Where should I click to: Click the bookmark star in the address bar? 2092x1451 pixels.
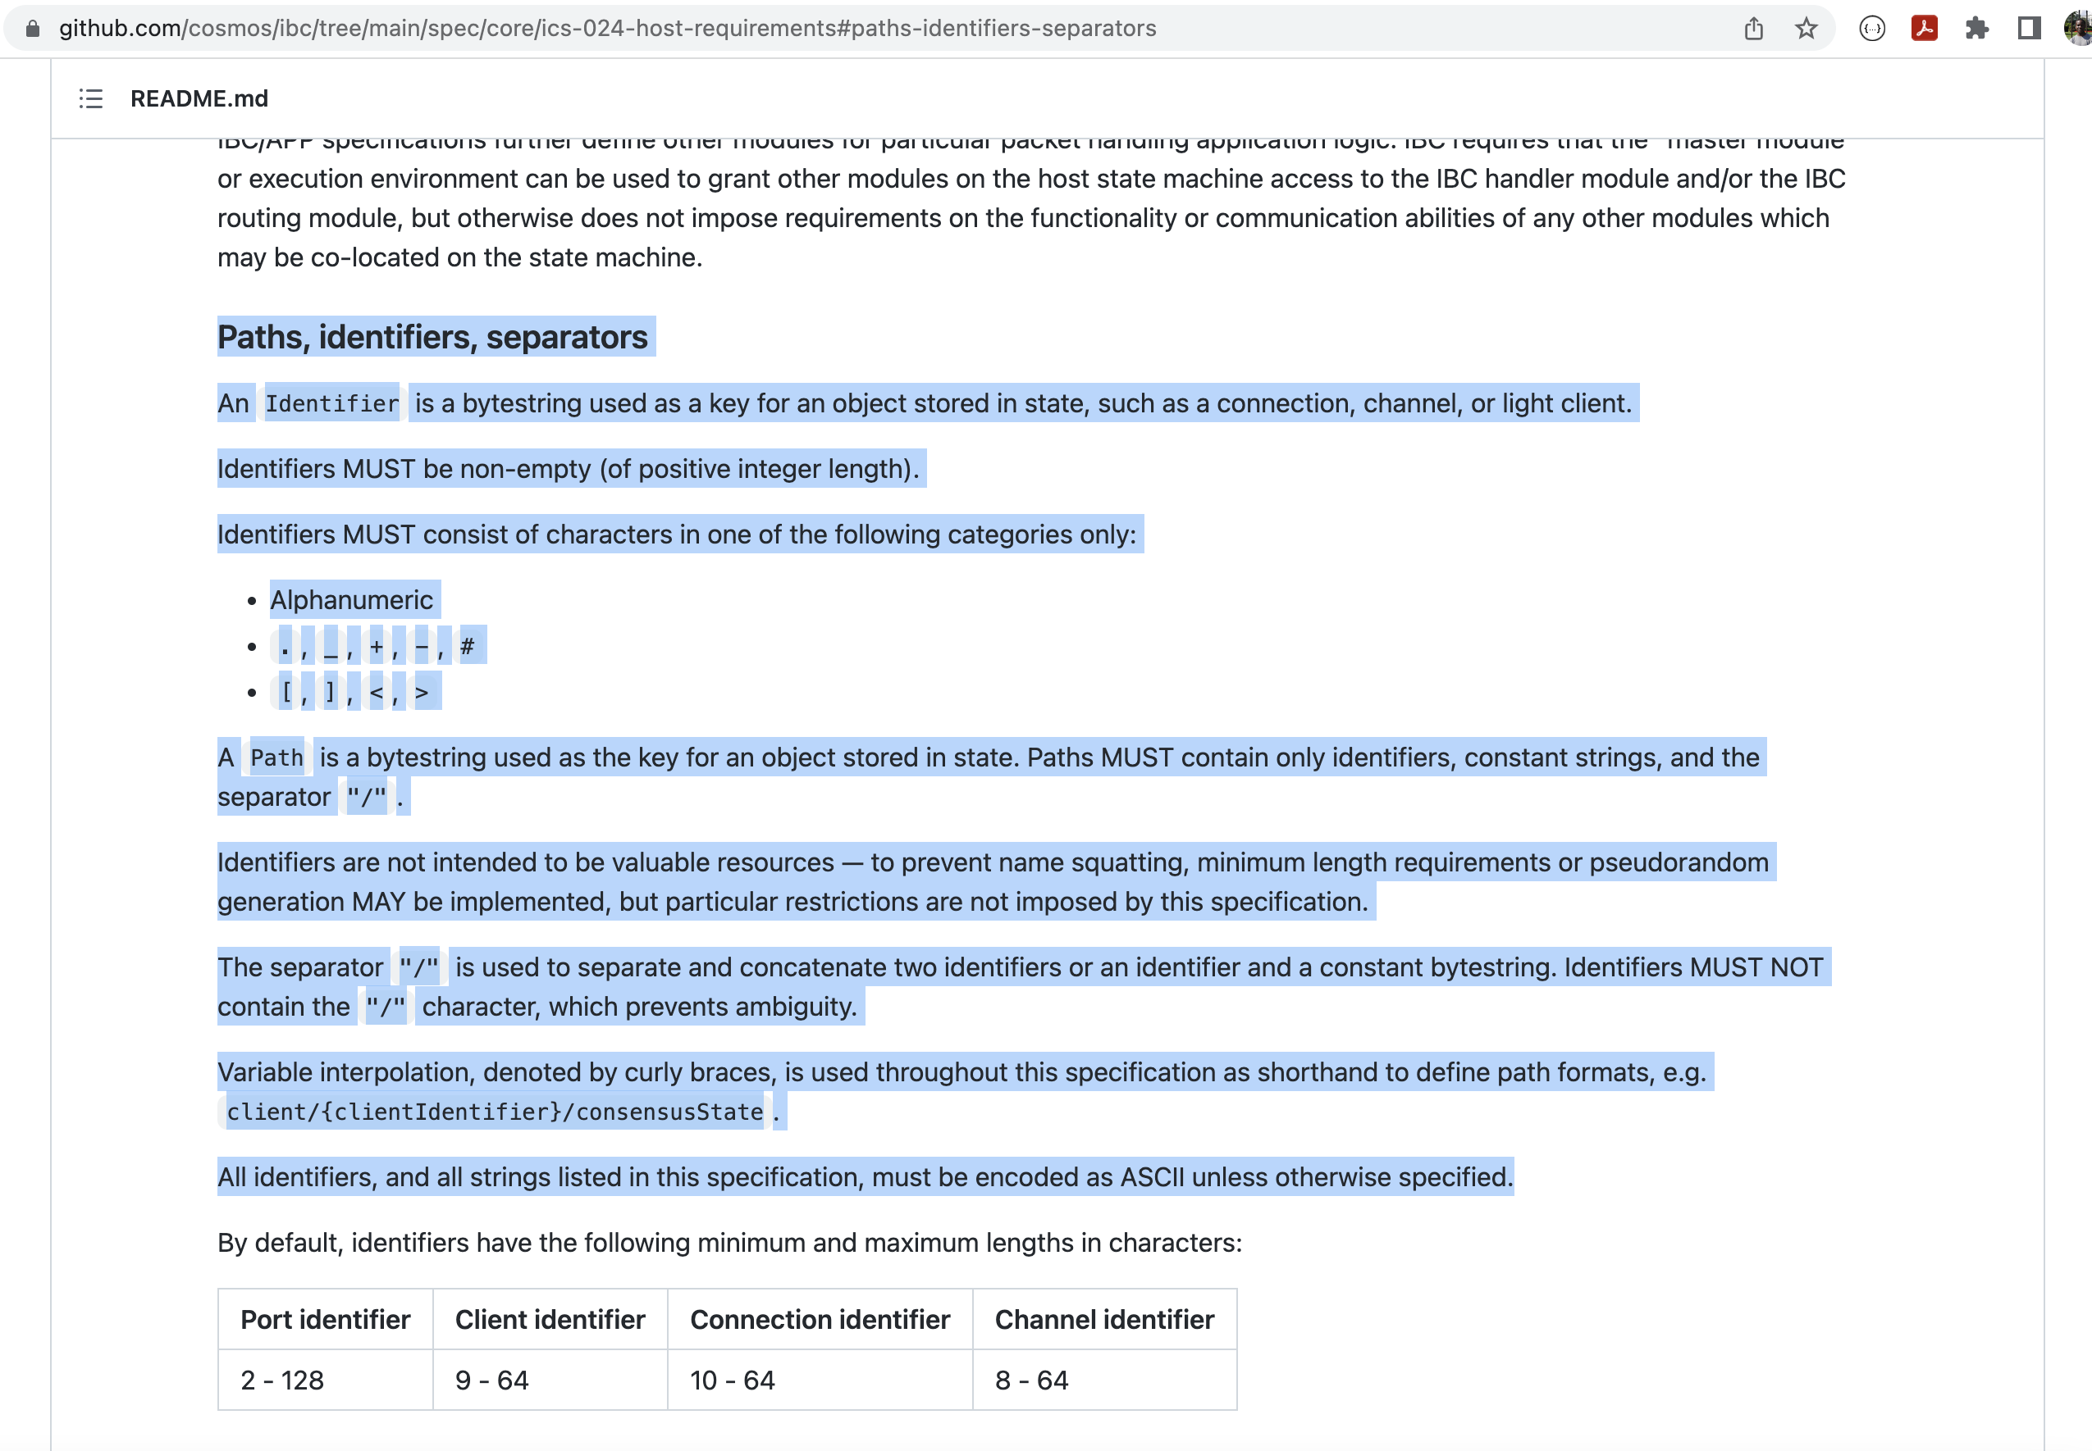1806,29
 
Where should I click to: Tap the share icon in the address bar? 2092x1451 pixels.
1754,29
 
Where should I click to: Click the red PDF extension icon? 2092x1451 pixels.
1924,29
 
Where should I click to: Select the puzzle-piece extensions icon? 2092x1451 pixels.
1976,29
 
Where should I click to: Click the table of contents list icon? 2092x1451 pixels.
91,98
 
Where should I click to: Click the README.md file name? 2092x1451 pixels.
199,98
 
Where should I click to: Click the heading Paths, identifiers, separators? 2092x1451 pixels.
432,337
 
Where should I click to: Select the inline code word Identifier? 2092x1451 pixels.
332,403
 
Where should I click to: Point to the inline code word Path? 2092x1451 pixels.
276,757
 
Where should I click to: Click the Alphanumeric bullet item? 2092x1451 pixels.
351,600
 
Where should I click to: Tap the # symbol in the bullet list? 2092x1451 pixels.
468,647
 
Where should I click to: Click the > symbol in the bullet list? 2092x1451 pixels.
421,693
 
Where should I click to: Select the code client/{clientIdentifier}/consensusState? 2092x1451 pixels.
495,1112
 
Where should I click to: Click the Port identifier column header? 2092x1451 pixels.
325,1319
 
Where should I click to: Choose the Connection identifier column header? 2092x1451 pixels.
820,1319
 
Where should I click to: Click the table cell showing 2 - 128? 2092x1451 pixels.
282,1380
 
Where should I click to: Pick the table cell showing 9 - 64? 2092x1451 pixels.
492,1380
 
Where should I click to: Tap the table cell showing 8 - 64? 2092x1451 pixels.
1031,1380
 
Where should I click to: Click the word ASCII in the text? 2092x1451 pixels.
1152,1177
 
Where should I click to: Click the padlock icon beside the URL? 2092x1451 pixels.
33,29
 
